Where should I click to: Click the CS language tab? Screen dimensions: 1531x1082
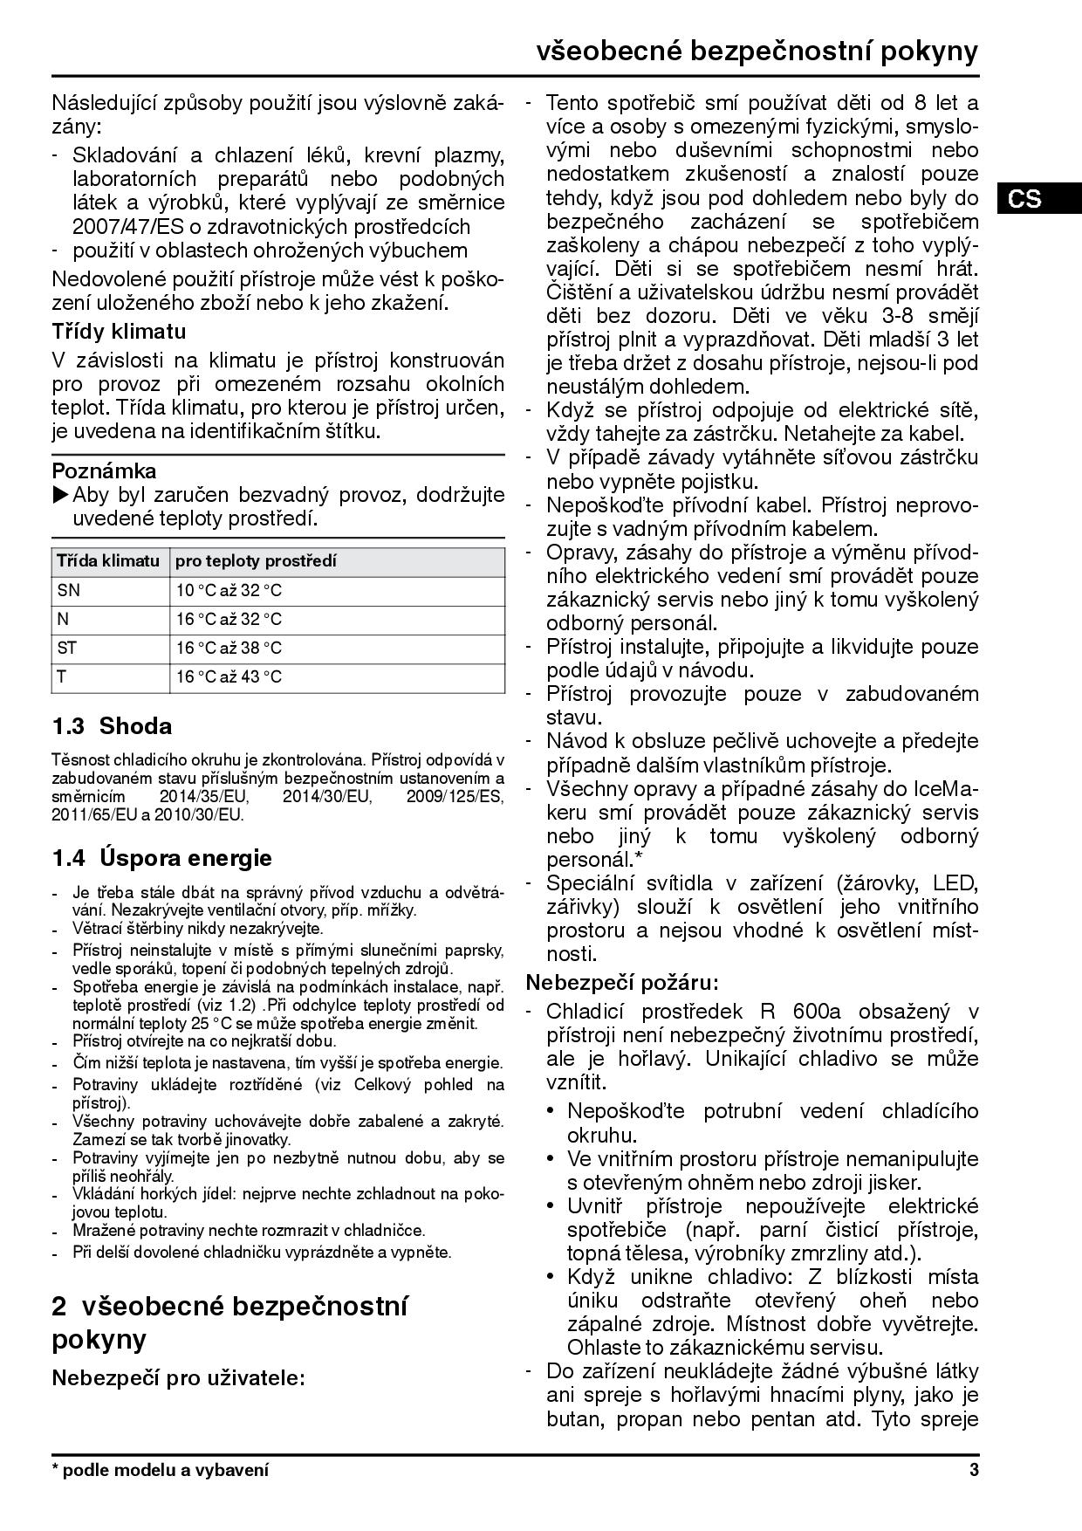(x=1024, y=198)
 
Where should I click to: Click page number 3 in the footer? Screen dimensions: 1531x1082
(x=973, y=1470)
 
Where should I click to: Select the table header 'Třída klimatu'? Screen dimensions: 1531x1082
(x=108, y=561)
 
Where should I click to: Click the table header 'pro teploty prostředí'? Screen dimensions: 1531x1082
(x=256, y=561)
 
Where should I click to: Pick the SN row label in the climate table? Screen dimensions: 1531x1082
(x=68, y=590)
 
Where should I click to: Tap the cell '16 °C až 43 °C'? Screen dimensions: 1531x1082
(x=229, y=676)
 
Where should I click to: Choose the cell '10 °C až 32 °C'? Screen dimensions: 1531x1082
(x=229, y=590)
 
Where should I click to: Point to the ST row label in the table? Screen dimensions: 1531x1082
(x=67, y=648)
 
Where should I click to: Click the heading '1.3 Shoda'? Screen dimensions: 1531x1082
(x=112, y=726)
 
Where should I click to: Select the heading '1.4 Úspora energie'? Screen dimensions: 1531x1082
(x=161, y=857)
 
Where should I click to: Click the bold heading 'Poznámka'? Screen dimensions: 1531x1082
(x=104, y=471)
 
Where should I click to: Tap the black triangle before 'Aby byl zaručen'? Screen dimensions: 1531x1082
(x=60, y=495)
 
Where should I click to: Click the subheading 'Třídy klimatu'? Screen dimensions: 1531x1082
(x=119, y=332)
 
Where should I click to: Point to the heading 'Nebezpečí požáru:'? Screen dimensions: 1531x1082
(x=621, y=982)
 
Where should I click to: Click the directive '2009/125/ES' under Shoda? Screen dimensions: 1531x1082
(x=455, y=797)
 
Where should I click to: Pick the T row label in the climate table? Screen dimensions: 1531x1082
(x=62, y=676)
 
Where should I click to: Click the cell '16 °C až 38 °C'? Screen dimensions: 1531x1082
(x=229, y=648)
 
